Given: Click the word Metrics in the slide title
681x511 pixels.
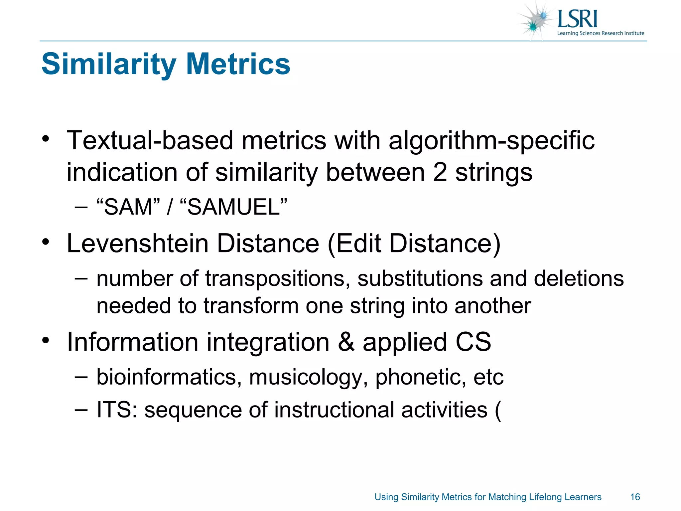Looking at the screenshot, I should pos(238,64).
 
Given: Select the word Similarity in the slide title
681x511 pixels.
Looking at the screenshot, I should pos(109,65).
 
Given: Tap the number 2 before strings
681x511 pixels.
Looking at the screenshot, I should pos(440,172).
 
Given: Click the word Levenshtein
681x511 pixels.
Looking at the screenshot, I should pos(138,243).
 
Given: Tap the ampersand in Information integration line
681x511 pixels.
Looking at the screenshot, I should pos(346,342).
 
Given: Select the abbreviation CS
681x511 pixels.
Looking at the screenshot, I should pos(473,342).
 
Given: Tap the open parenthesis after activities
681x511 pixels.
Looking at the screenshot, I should pos(498,410).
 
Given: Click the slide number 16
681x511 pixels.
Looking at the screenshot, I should pos(635,497).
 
